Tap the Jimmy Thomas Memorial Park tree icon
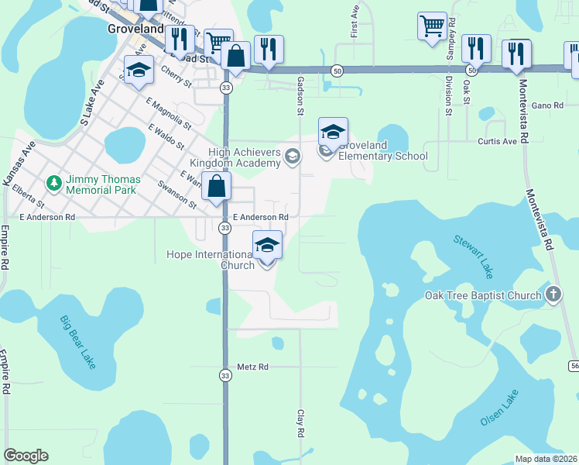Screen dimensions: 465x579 click(53, 184)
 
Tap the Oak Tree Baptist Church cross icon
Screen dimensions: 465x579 click(552, 294)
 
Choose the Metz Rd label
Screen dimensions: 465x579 click(252, 367)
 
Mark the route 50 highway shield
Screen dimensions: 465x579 click(338, 71)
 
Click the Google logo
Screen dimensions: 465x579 click(26, 456)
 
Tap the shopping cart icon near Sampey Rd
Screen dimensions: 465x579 click(432, 26)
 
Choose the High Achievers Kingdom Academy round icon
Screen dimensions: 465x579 click(292, 157)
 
